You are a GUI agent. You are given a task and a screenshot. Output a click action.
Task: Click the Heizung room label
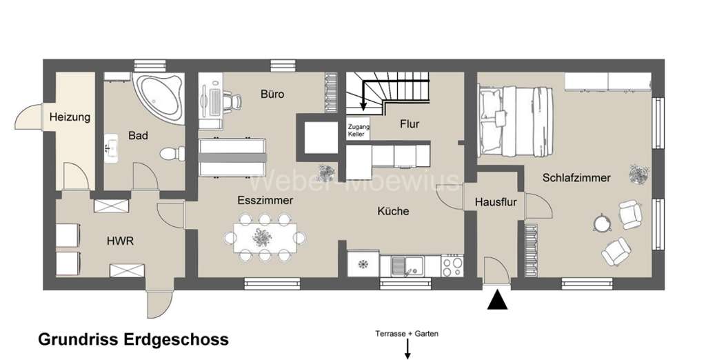click(x=70, y=117)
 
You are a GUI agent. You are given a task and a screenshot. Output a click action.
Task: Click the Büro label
click(x=272, y=94)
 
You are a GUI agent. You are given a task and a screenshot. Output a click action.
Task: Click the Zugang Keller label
click(x=359, y=130)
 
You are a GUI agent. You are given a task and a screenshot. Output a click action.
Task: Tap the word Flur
click(x=409, y=124)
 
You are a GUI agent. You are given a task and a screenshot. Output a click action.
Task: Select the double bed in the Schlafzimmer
click(x=516, y=119)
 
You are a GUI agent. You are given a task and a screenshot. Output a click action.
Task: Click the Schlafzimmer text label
click(x=576, y=178)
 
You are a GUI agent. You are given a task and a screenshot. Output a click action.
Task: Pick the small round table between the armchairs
click(x=603, y=223)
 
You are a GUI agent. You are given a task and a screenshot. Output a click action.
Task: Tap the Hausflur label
click(x=493, y=203)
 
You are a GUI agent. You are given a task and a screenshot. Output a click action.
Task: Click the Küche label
click(x=393, y=211)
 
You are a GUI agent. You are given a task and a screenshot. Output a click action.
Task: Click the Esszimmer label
click(x=265, y=201)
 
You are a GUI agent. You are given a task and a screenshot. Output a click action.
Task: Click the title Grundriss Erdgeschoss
click(x=133, y=340)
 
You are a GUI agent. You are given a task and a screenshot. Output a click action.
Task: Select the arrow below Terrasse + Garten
click(x=407, y=350)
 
